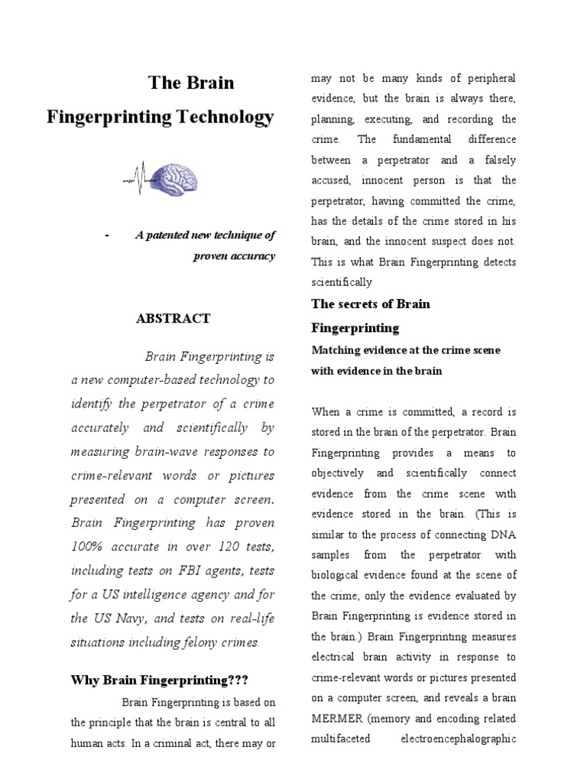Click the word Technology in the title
(x=226, y=117)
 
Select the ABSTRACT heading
(x=173, y=319)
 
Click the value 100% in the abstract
(x=92, y=547)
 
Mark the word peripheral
(x=488, y=79)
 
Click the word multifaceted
(x=341, y=739)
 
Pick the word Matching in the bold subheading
(x=333, y=350)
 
